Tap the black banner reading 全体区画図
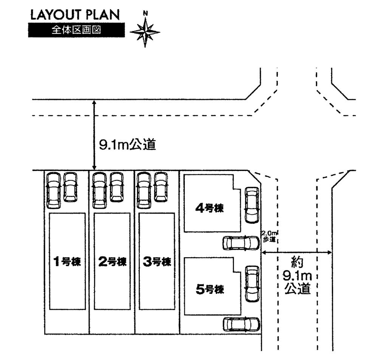(76, 30)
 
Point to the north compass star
(145, 32)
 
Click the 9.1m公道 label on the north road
(127, 145)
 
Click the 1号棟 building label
(67, 261)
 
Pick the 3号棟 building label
(157, 261)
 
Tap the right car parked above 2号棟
(116, 187)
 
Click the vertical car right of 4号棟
(252, 205)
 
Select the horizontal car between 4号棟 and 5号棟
(241, 243)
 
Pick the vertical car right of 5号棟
(252, 284)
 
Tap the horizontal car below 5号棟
(241, 324)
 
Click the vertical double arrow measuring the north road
(94, 135)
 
